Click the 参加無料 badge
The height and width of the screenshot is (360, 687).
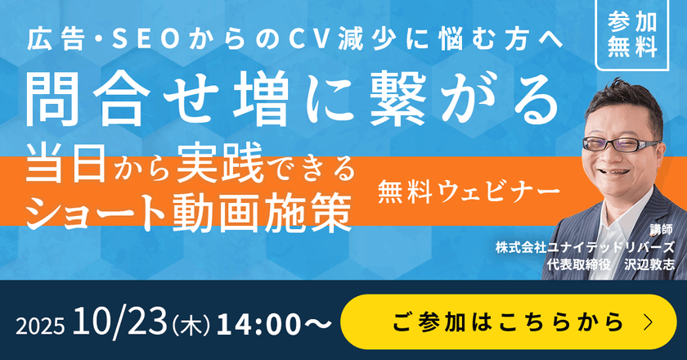point(633,34)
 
